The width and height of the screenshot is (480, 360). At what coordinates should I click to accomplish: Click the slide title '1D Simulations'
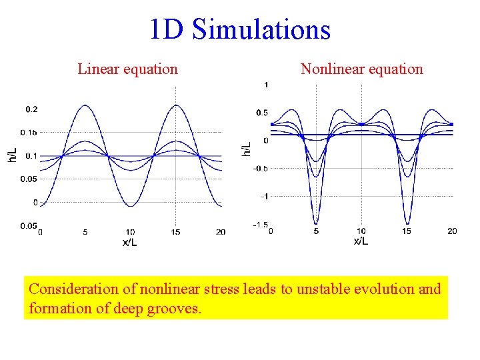coord(240,29)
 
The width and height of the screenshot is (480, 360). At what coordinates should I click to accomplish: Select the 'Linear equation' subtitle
coord(127,69)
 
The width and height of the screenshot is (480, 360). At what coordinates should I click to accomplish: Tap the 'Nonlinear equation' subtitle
coord(361,69)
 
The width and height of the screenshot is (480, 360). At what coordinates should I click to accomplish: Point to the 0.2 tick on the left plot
coord(31,109)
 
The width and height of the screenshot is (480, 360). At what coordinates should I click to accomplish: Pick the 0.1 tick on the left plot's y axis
coord(31,156)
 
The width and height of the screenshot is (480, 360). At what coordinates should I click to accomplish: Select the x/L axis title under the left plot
coord(130,242)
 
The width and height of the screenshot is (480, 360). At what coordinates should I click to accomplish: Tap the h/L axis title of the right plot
coord(247,149)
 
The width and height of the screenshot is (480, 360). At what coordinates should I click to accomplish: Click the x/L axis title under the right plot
coord(361,241)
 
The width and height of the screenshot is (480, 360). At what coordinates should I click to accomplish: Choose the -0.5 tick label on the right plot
coord(261,169)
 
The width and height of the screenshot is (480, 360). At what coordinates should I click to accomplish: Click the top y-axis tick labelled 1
coord(266,85)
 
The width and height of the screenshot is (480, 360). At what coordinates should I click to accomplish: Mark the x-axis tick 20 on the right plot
coord(451,231)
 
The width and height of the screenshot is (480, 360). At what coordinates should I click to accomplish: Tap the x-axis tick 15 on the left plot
coord(175,232)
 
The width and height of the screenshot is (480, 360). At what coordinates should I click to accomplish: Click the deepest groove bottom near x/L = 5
coord(316,223)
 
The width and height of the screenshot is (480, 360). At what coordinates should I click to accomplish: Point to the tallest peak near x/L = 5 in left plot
coord(85,105)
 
